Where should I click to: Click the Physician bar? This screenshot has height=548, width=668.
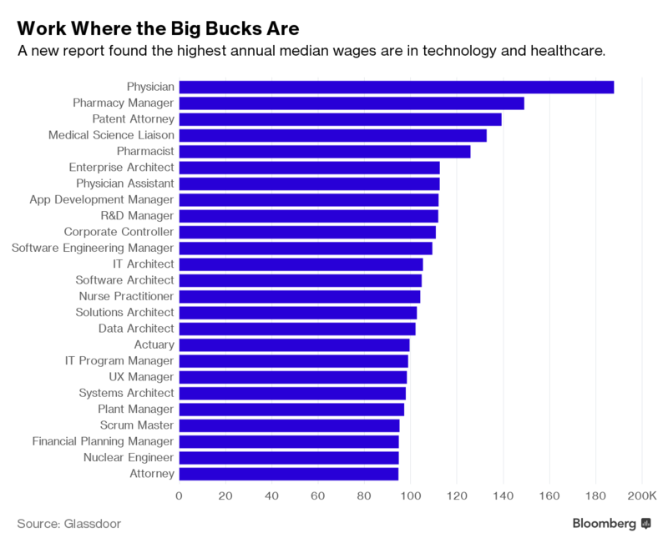pyautogui.click(x=397, y=87)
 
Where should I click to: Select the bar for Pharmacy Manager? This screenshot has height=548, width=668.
pyautogui.click(x=352, y=103)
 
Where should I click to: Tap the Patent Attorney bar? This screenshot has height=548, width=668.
pyautogui.click(x=340, y=119)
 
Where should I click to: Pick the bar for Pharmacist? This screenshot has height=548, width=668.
pyautogui.click(x=325, y=151)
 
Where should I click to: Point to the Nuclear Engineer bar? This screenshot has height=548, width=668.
pyautogui.click(x=289, y=457)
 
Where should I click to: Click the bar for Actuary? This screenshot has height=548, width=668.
pyautogui.click(x=294, y=344)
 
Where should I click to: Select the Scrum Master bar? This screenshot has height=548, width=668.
pyautogui.click(x=289, y=425)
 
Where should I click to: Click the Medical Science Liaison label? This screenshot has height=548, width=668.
pyautogui.click(x=111, y=135)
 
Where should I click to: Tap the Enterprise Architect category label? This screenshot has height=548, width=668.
pyautogui.click(x=122, y=168)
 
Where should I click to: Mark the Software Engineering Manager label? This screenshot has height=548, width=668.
pyautogui.click(x=93, y=248)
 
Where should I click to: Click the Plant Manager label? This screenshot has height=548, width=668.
pyautogui.click(x=137, y=409)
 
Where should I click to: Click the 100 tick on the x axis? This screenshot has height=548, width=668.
pyautogui.click(x=410, y=496)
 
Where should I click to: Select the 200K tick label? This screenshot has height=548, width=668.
pyautogui.click(x=642, y=496)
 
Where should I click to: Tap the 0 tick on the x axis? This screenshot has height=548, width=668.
pyautogui.click(x=179, y=496)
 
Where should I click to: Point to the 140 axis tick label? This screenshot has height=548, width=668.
pyautogui.click(x=503, y=496)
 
